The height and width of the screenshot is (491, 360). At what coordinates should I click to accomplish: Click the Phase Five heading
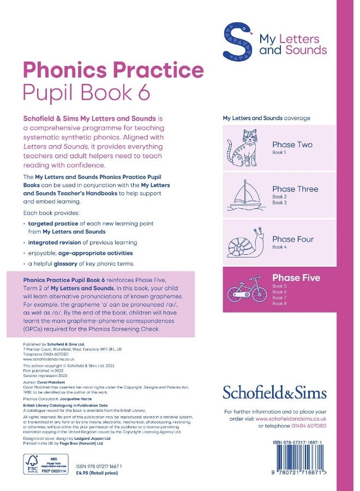(296, 278)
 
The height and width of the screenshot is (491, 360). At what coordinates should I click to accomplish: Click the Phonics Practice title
(113, 70)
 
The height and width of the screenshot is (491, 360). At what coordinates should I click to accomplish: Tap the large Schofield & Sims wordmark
(274, 392)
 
